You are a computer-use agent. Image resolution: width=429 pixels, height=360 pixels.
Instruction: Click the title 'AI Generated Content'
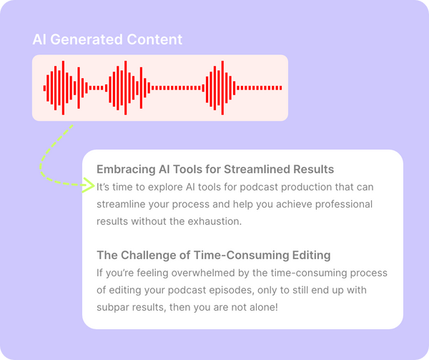pyautogui.click(x=107, y=40)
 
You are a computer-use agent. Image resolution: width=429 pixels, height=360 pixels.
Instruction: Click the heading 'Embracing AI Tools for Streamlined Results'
pyautogui.click(x=215, y=170)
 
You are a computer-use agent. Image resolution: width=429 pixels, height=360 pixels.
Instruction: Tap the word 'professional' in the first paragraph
pyautogui.click(x=343, y=204)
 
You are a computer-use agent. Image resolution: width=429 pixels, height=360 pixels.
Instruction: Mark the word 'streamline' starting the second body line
pyautogui.click(x=122, y=204)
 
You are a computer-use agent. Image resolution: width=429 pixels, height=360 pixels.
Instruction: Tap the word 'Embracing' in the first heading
pyautogui.click(x=125, y=170)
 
